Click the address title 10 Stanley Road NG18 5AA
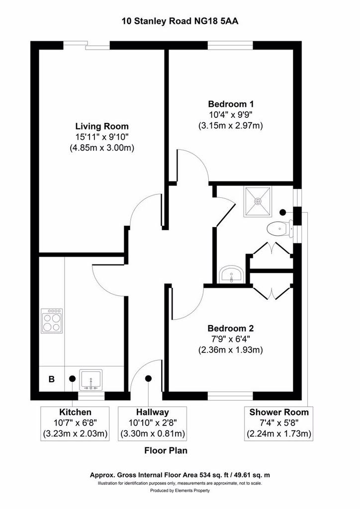click(x=180, y=21)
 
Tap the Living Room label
click(x=102, y=126)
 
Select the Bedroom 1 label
click(x=231, y=104)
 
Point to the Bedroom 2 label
click(x=231, y=328)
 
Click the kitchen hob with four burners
click(x=52, y=321)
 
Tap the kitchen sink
click(x=91, y=380)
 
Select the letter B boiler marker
click(x=51, y=379)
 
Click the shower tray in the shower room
click(x=258, y=201)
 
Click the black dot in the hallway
click(x=149, y=378)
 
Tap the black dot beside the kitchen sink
click(x=72, y=378)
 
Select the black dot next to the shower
click(x=283, y=212)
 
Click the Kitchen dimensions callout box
click(x=75, y=424)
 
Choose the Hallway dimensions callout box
click(x=153, y=424)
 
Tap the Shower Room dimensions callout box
click(x=279, y=424)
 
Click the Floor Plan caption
click(x=166, y=450)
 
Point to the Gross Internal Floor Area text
click(x=180, y=475)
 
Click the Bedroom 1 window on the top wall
click(x=231, y=45)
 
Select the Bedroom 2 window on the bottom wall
click(x=231, y=396)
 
